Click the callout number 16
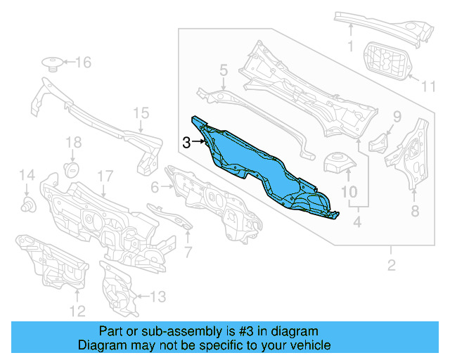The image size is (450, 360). [83, 63]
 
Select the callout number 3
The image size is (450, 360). [186, 142]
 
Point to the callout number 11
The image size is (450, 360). [428, 86]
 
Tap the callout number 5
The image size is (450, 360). [223, 70]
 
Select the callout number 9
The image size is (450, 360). [397, 117]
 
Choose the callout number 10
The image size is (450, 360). [349, 192]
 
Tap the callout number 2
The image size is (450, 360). [392, 265]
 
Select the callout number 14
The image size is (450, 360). [26, 175]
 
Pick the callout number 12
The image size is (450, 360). [77, 310]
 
